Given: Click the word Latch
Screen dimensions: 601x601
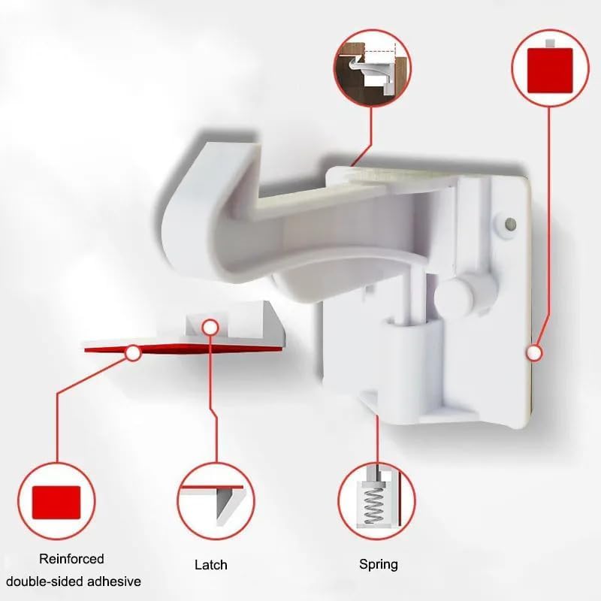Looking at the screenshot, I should (x=210, y=564).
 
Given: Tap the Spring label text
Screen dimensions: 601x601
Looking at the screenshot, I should (x=379, y=564).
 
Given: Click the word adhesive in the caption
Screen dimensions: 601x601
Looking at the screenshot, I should (x=114, y=581).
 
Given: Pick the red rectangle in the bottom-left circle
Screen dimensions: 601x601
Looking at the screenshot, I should (x=57, y=501).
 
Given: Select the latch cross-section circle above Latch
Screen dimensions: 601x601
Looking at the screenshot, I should (x=216, y=501).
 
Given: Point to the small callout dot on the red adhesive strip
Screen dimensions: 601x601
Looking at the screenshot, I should (x=133, y=351).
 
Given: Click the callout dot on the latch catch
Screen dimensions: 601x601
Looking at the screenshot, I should (x=211, y=327).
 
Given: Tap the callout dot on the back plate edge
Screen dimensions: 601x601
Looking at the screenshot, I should (x=534, y=351).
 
